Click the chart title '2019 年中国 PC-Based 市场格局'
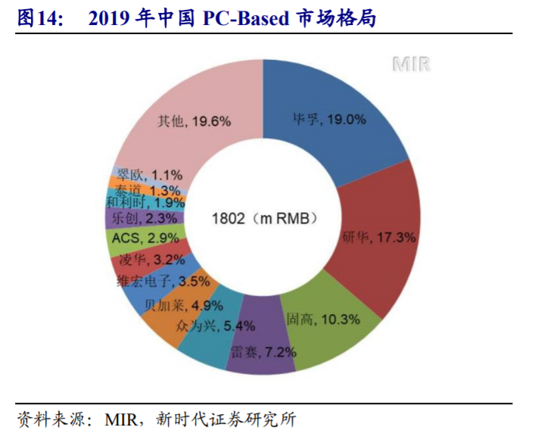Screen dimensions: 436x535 pos(232,19)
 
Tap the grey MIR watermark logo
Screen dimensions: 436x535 pos(412,64)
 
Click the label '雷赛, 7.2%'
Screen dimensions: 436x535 pos(264,352)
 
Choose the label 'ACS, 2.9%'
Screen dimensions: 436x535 pos(145,238)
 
